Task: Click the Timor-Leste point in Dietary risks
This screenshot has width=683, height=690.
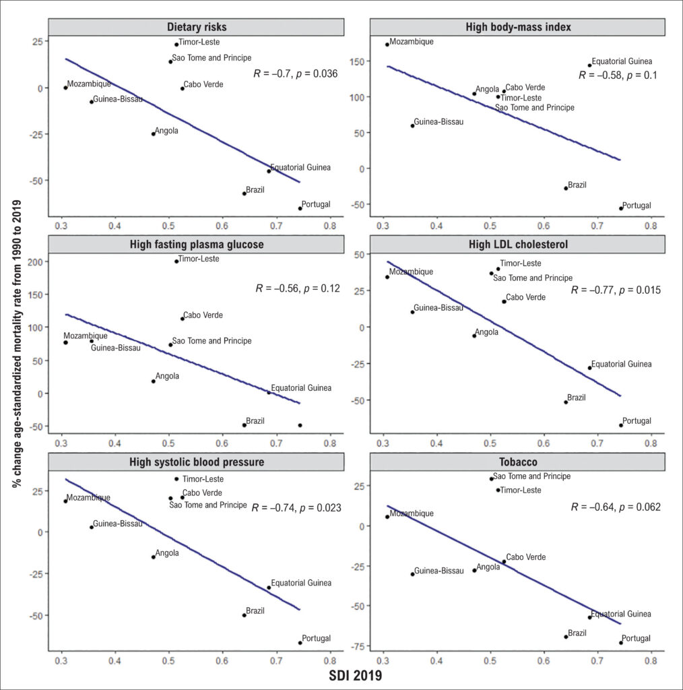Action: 176,44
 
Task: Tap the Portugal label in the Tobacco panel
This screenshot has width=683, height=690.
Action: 636,638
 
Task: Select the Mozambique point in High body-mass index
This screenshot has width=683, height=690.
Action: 387,44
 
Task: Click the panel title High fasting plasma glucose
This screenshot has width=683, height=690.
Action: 197,244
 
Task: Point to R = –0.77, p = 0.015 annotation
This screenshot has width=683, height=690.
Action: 616,290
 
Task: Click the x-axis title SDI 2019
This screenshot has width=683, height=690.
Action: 356,675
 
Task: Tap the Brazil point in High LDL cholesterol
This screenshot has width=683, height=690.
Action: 566,402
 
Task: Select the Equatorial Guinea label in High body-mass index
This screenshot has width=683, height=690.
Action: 622,61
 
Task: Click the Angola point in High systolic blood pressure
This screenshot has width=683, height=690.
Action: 154,557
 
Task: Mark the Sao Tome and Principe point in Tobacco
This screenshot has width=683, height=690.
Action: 492,479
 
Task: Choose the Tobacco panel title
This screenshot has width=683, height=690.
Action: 518,462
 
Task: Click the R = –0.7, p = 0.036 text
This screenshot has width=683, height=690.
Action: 296,73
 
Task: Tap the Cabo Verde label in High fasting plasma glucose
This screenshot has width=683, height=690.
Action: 203,315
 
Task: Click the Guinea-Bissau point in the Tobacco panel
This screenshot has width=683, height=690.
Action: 412,574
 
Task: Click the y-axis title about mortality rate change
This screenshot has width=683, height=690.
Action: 17,344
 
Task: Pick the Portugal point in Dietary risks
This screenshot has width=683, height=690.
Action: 300,209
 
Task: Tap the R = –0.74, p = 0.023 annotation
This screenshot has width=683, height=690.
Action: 296,508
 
